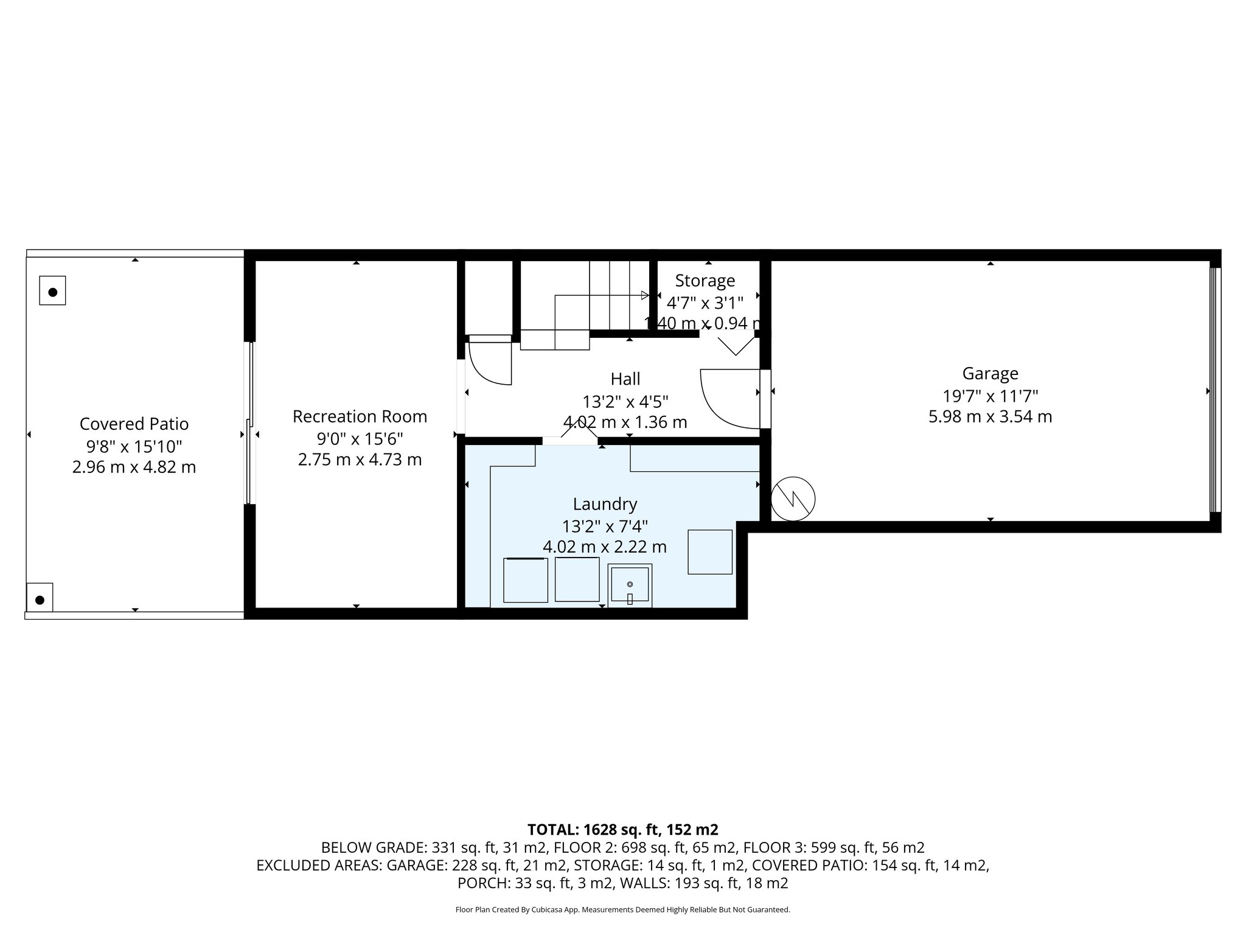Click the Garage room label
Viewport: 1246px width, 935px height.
coord(990,373)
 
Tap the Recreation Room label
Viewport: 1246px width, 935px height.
coord(360,416)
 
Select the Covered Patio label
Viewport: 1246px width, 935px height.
coord(134,424)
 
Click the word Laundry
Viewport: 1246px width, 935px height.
coord(605,504)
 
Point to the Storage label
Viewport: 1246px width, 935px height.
coord(705,281)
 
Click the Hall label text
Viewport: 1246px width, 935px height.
coord(625,379)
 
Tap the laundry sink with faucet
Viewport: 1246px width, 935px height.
coord(630,585)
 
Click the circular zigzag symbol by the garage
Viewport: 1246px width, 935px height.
coord(793,499)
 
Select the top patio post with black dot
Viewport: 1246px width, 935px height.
coord(52,291)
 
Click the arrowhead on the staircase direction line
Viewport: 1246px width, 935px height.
coord(645,295)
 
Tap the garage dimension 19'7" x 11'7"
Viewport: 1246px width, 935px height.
coord(990,396)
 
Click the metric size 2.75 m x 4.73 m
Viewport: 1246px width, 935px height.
coord(360,460)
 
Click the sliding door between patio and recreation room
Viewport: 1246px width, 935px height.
coord(249,423)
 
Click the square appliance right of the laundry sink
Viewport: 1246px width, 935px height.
coord(709,552)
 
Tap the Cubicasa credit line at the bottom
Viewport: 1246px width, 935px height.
coord(622,910)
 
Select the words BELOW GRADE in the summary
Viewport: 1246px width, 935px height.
coord(374,847)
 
